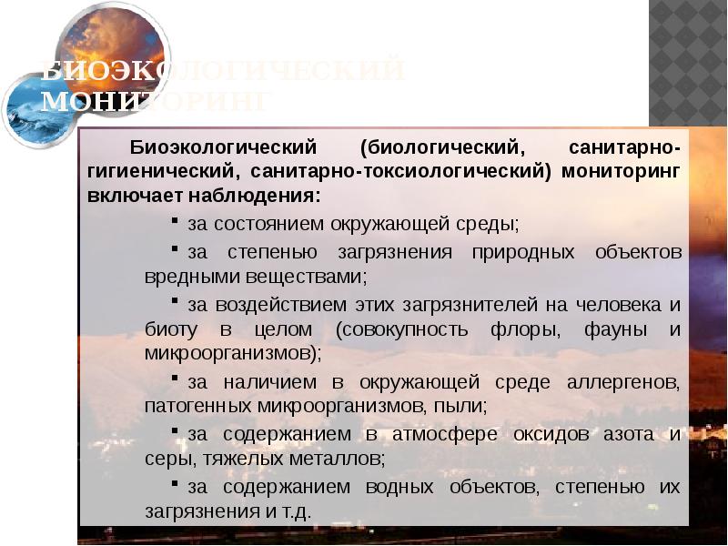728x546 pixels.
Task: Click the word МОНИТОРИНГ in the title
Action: click(155, 100)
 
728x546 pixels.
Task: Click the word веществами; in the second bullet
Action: click(299, 274)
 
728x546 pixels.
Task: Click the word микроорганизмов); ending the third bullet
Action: click(233, 352)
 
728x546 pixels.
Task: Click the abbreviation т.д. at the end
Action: click(296, 511)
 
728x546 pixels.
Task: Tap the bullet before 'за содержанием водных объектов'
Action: click(176, 485)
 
